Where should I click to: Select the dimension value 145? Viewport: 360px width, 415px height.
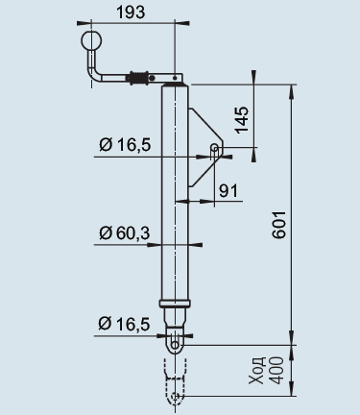pos(243,118)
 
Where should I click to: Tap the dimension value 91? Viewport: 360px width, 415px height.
pos(227,190)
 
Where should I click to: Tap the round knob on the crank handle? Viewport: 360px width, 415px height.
pos(91,40)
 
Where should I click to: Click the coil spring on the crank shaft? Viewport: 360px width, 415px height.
pos(140,77)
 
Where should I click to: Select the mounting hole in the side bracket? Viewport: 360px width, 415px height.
pos(213,148)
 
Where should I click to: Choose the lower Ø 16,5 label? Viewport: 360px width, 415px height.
pos(125,325)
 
